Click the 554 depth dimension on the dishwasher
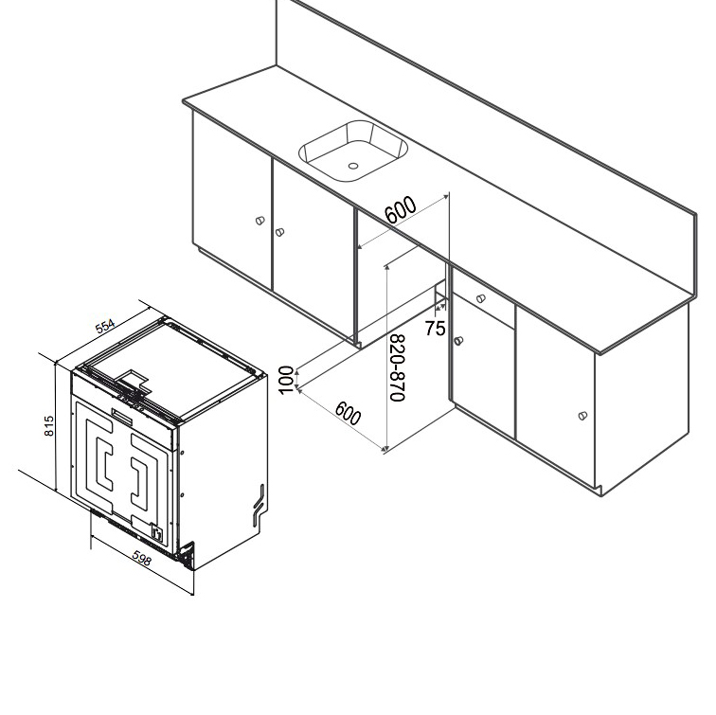point(105,325)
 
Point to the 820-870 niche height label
point(398,367)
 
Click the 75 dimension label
point(435,328)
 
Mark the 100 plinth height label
point(286,379)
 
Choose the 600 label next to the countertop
point(403,210)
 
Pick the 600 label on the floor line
point(348,414)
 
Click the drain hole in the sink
point(352,166)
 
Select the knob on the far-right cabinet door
point(582,415)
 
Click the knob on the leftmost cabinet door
point(260,221)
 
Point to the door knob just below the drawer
point(458,341)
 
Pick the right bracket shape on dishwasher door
point(141,471)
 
